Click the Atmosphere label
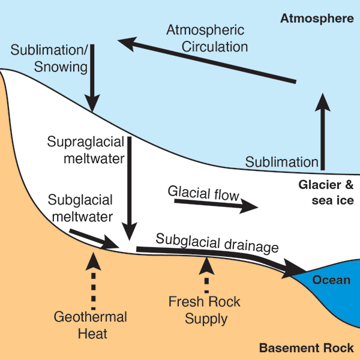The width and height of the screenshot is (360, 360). [317, 19]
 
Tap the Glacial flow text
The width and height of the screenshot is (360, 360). [204, 194]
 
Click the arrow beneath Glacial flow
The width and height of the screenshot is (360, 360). [216, 205]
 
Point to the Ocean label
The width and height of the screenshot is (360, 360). [331, 280]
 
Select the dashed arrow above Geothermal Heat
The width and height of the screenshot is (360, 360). [93, 280]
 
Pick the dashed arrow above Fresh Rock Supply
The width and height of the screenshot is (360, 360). [206, 275]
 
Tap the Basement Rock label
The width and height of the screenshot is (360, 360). [306, 348]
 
